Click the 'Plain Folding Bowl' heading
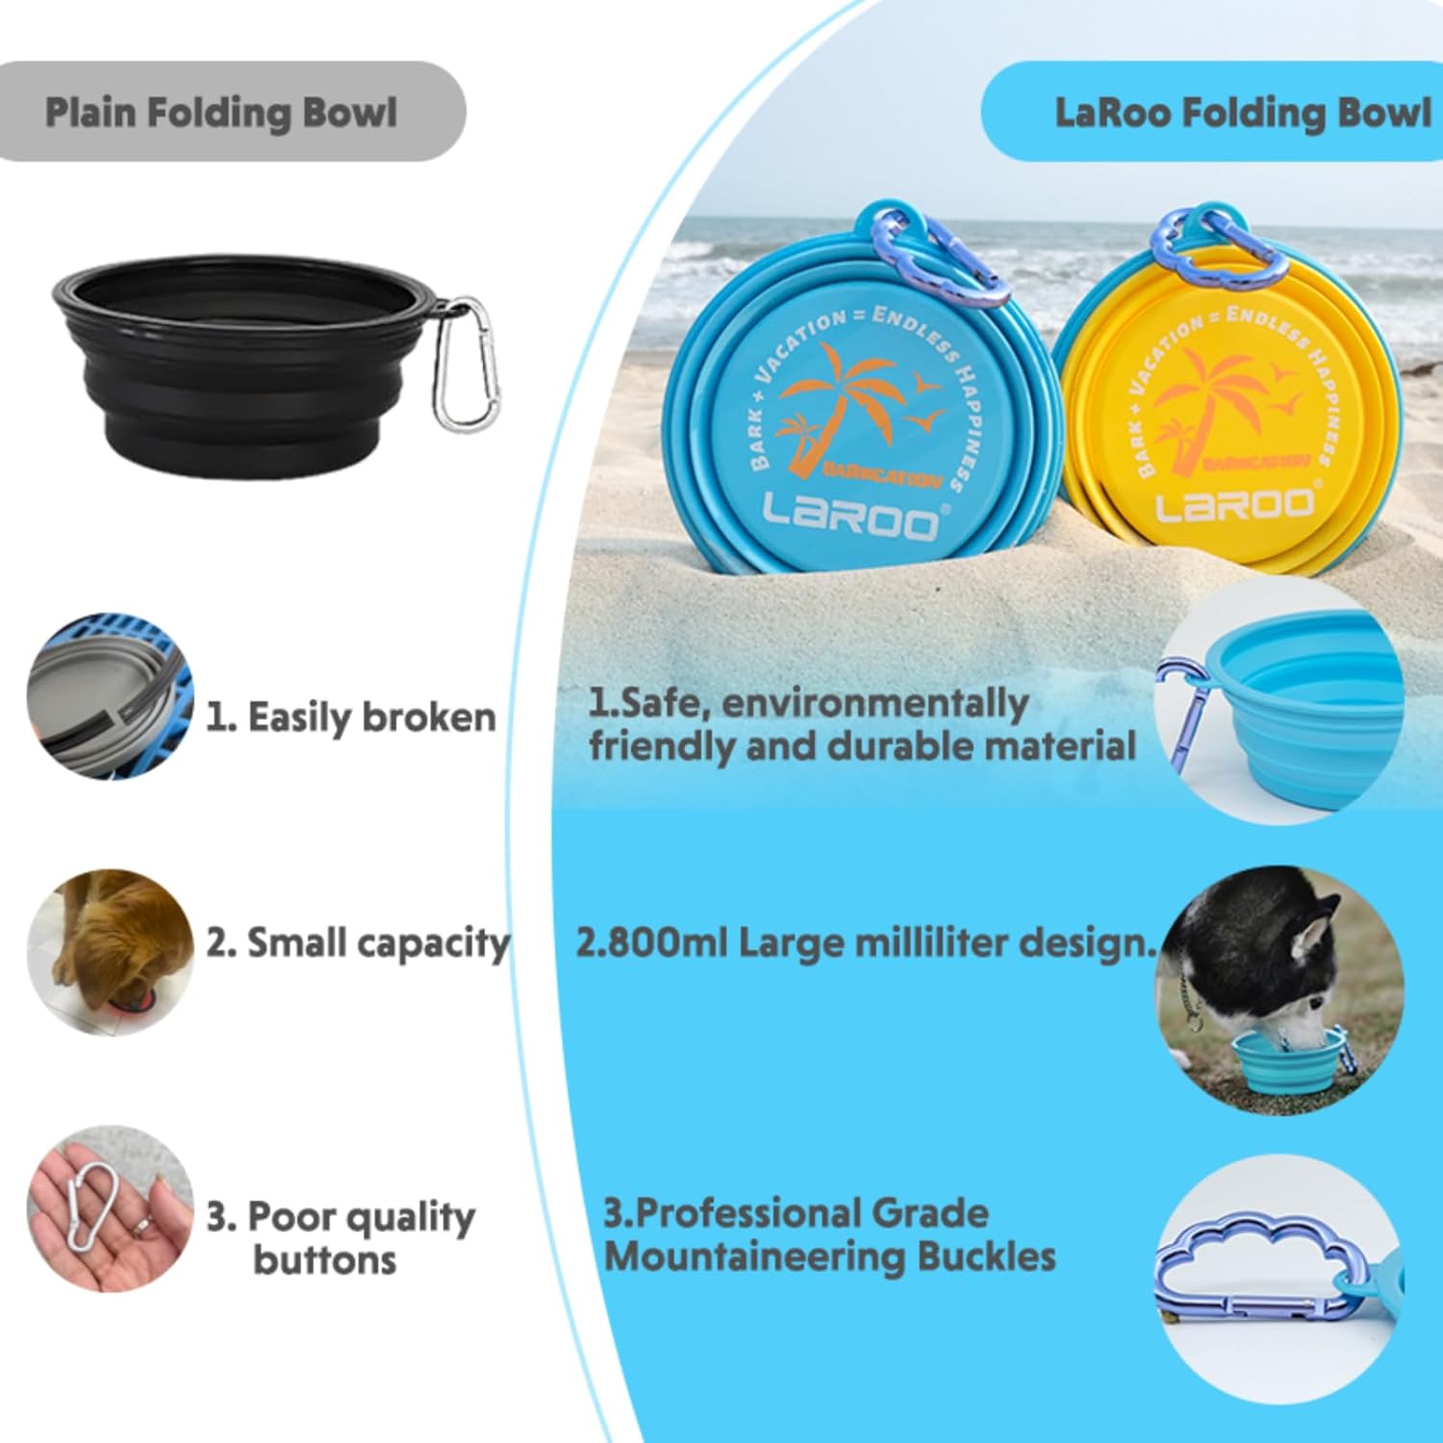coord(220,113)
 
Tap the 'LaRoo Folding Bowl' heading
coord(1242,113)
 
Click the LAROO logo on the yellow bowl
coord(1235,503)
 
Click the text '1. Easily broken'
coord(351,718)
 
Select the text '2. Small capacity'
coord(357,943)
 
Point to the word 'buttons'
coord(324,1259)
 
